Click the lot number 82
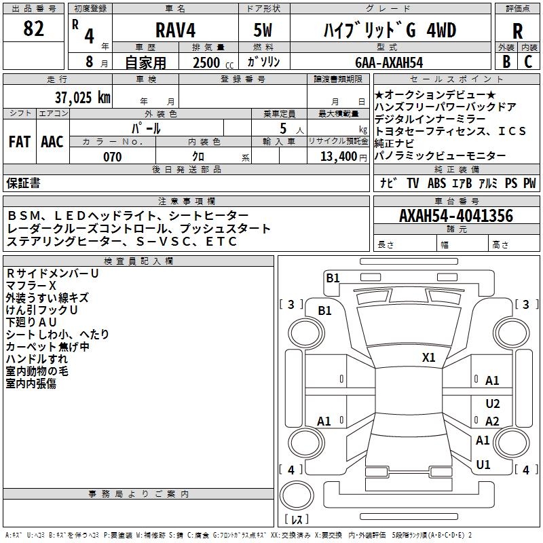pos(33,30)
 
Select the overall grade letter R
pos(517,31)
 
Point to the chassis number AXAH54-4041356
pos(455,217)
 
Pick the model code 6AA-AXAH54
pos(389,62)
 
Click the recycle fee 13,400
pos(337,157)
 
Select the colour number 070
pos(112,157)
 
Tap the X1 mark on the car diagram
pos(429,357)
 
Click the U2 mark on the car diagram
pos(493,404)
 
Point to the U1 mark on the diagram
pos(483,465)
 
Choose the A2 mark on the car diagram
pos(493,422)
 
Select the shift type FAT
pos(19,142)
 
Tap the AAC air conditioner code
pos(52,142)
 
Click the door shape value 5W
pos(263,31)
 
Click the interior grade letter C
pos(527,62)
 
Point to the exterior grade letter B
pos(506,62)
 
